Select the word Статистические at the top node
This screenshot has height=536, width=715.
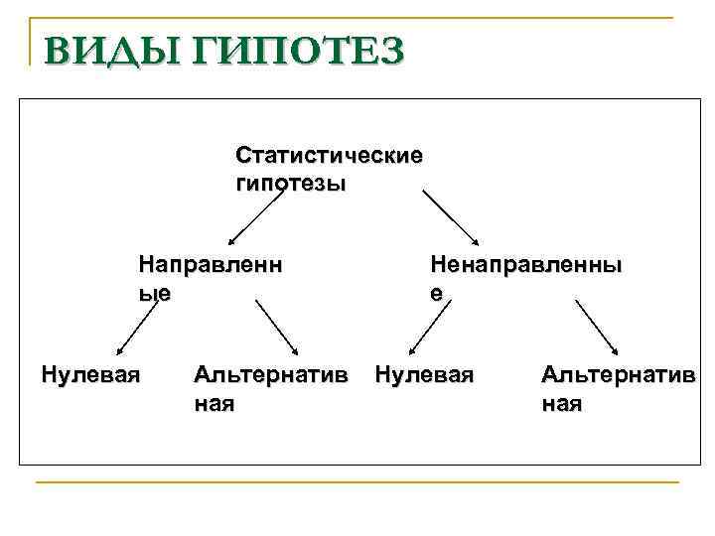tap(329, 157)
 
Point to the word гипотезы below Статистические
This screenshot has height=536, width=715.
tap(291, 185)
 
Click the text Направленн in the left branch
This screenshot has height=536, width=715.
tap(211, 266)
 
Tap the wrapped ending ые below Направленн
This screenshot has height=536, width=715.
tap(155, 293)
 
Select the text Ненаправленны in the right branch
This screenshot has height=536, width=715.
tap(526, 266)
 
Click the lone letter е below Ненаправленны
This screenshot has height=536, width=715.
tap(436, 293)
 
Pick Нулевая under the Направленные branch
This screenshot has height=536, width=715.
tap(90, 375)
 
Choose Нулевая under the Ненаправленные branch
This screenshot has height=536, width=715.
tap(424, 375)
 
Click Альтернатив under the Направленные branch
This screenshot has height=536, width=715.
tap(271, 375)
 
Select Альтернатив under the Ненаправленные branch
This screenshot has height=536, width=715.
tap(617, 375)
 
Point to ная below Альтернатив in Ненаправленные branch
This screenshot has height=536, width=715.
tap(561, 404)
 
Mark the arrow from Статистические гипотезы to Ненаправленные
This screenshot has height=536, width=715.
tap(452, 218)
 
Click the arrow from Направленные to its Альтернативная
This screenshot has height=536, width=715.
tap(277, 327)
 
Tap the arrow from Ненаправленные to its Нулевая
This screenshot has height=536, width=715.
tap(427, 328)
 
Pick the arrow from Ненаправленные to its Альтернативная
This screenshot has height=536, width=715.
tap(598, 327)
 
